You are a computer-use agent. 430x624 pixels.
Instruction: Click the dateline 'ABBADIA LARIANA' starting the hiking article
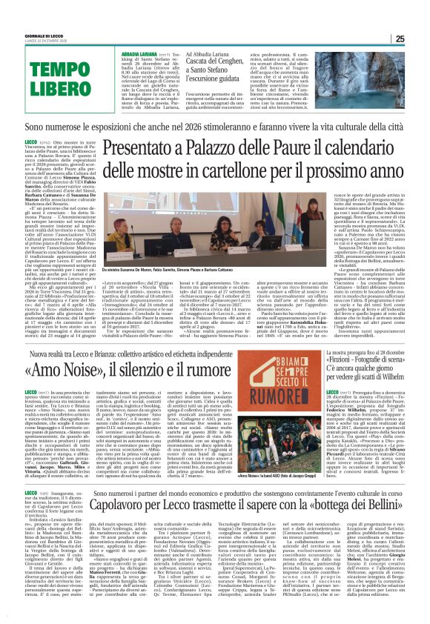(136, 54)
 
